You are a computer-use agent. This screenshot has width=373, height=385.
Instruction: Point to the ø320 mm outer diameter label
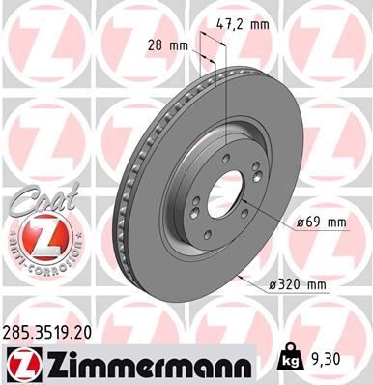pos(301,283)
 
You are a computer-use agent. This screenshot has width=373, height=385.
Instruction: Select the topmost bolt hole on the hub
pos(226,161)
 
